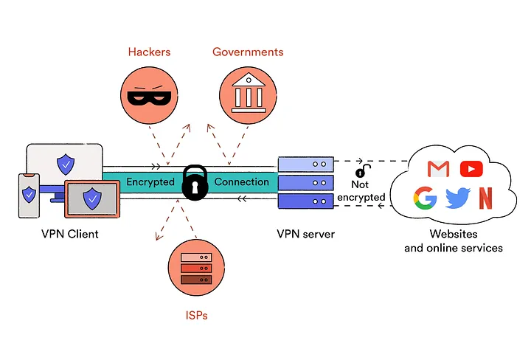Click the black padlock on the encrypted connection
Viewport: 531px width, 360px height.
(194, 182)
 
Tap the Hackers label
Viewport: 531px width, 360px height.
(149, 52)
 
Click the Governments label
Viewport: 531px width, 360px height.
(248, 52)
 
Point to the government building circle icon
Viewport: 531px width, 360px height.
(248, 94)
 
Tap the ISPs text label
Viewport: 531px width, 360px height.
(195, 316)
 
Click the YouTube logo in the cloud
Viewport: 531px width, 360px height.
(471, 169)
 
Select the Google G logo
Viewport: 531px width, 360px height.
(425, 198)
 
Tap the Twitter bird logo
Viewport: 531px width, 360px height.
(458, 198)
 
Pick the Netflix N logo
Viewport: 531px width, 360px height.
(485, 198)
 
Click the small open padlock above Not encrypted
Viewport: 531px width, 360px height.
(361, 172)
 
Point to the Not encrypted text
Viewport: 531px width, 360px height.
(361, 191)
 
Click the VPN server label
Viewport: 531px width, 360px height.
(305, 234)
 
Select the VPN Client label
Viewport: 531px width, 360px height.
(70, 234)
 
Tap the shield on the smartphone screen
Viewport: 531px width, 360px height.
(29, 195)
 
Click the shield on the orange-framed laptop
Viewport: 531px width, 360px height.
(92, 198)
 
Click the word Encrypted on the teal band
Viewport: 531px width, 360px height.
(150, 181)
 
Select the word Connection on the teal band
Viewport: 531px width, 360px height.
(242, 181)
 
